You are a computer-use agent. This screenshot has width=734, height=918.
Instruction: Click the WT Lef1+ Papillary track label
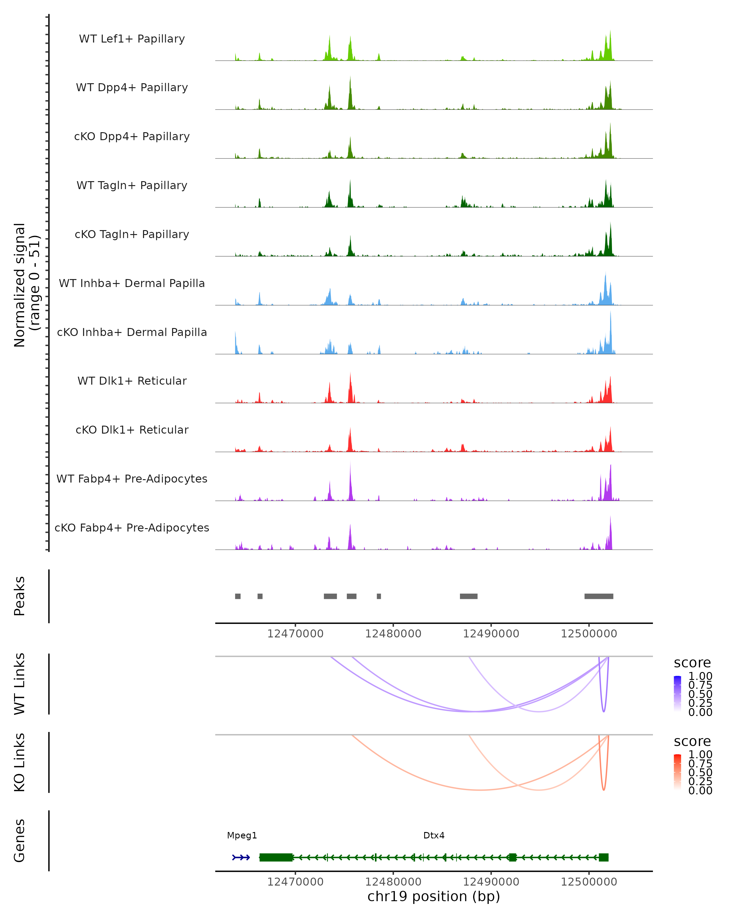click(x=132, y=39)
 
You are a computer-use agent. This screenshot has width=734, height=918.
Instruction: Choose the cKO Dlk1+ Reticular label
click(x=132, y=430)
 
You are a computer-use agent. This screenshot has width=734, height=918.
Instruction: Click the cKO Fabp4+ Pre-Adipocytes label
click(x=132, y=528)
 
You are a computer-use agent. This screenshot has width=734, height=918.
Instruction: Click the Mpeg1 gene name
click(x=242, y=835)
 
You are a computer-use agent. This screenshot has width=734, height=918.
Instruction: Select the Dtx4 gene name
click(x=434, y=835)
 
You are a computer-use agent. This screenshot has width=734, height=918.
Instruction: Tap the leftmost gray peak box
click(x=238, y=596)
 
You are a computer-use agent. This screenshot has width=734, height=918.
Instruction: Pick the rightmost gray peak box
click(x=599, y=596)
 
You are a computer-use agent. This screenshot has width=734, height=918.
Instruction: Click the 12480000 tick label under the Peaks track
click(x=393, y=634)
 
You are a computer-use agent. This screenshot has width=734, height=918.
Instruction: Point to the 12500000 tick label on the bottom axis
click(x=589, y=882)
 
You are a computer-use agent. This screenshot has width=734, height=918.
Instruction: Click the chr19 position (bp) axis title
click(x=434, y=897)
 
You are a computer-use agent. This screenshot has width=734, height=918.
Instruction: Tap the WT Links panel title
click(x=20, y=683)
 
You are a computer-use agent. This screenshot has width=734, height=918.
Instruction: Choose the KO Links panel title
click(x=20, y=762)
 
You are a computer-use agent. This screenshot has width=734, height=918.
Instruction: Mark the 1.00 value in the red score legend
click(x=700, y=755)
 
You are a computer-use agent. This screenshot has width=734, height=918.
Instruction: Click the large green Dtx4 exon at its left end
click(x=276, y=857)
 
